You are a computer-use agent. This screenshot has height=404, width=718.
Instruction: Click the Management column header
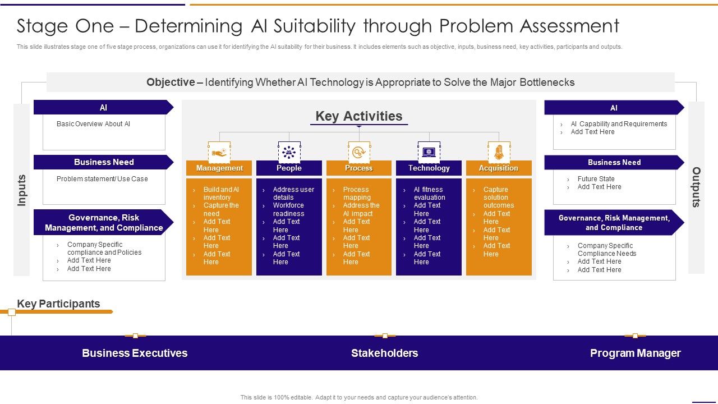[219, 168]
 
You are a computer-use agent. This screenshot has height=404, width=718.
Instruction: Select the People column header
[289, 168]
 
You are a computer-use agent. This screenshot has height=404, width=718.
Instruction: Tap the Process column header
[358, 168]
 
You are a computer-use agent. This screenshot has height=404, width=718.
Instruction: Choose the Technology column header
[429, 168]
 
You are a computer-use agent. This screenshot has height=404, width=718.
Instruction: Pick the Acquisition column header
[498, 168]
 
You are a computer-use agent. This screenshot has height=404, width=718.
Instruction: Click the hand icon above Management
[219, 152]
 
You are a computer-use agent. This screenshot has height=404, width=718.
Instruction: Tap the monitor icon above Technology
[429, 152]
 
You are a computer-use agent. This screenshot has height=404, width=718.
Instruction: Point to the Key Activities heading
[359, 116]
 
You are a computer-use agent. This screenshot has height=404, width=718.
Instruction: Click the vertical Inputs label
[22, 190]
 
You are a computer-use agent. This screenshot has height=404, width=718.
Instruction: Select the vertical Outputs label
[696, 187]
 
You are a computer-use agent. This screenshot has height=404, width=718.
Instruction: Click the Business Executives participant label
[135, 353]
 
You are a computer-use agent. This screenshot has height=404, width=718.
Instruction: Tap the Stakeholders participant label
[384, 353]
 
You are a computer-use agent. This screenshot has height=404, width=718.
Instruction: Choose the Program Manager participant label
[635, 353]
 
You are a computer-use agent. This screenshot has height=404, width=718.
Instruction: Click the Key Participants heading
[58, 304]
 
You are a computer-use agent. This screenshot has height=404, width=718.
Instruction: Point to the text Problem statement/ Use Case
[102, 179]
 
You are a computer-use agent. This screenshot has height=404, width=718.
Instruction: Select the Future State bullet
[596, 179]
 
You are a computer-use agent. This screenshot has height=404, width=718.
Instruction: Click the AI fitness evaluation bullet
[429, 194]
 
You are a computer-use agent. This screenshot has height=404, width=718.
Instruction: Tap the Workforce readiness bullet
[288, 209]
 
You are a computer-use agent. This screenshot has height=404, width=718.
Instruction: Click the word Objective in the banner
[171, 82]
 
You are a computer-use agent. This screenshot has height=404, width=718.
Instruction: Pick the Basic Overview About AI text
[93, 124]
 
